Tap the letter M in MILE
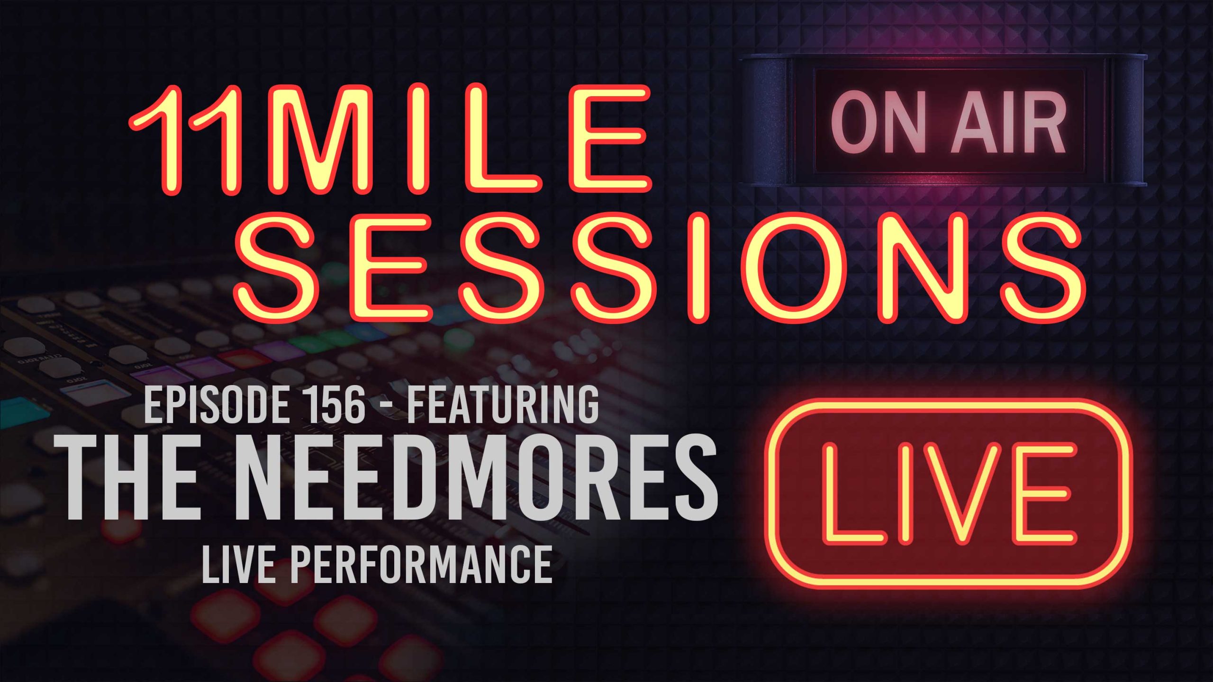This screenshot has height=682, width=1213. (336, 140)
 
